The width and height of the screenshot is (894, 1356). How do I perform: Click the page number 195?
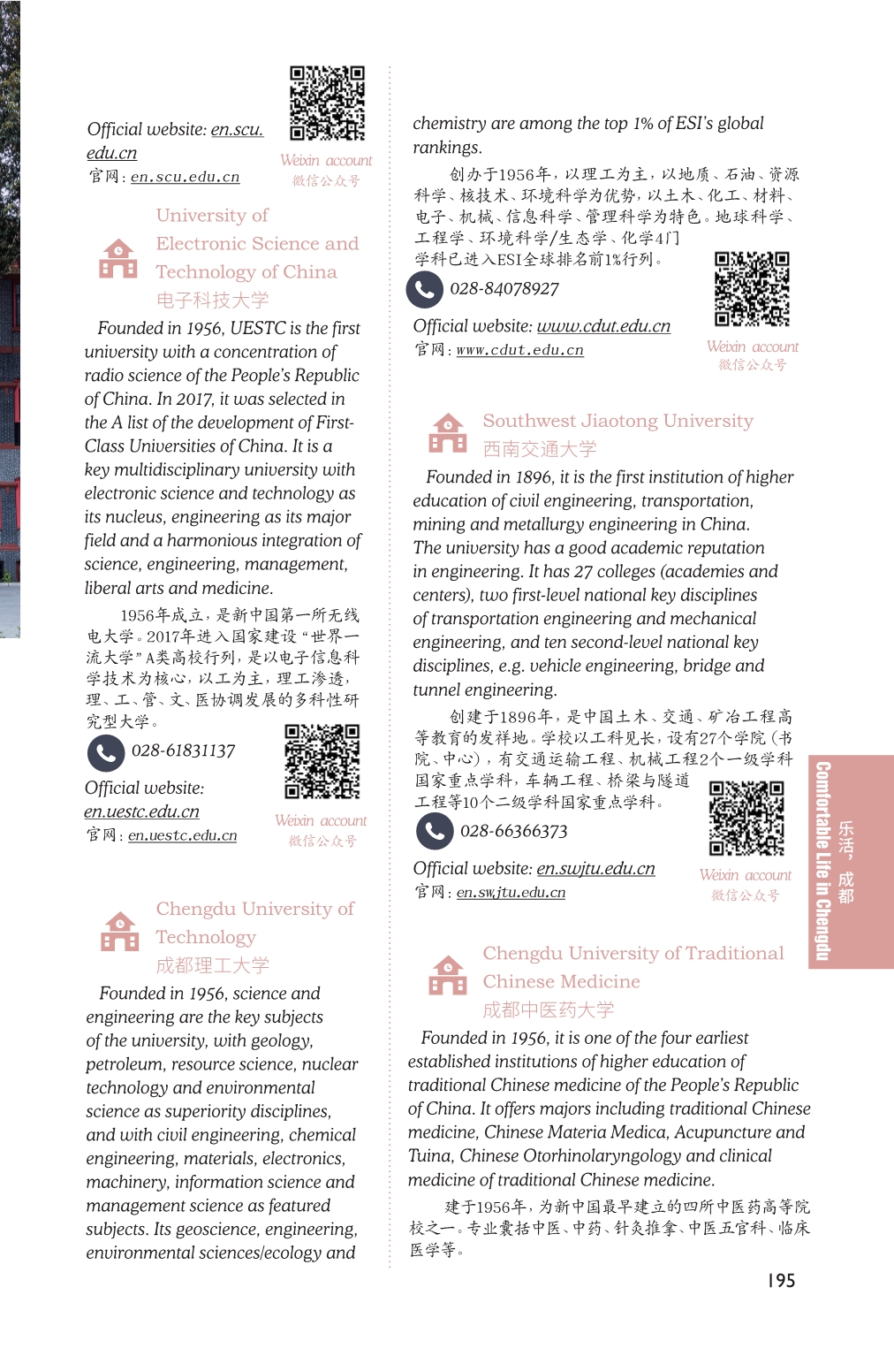(x=781, y=1281)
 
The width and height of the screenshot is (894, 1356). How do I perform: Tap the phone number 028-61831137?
(x=183, y=751)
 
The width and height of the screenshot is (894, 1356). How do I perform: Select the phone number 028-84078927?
(x=504, y=289)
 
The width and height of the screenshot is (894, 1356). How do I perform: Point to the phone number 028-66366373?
(x=513, y=832)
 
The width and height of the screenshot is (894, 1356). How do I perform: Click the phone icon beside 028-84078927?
(x=424, y=289)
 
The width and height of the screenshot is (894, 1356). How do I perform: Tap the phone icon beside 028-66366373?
(x=435, y=831)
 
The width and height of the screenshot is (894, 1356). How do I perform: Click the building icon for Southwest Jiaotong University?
(x=448, y=433)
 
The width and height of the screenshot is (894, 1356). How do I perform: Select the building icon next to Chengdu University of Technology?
(x=120, y=932)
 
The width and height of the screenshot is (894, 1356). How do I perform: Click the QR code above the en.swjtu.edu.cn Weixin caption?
(x=746, y=819)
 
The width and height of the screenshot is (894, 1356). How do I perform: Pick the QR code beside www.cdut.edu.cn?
(x=752, y=290)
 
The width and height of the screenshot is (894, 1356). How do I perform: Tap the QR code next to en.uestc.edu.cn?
(x=322, y=762)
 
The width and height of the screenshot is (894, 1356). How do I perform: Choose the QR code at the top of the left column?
(x=327, y=103)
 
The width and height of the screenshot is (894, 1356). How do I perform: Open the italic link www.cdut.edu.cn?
(x=603, y=326)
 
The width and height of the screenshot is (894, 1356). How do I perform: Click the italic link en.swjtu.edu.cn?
(x=595, y=869)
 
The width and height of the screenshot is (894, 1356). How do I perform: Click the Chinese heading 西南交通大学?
(x=539, y=449)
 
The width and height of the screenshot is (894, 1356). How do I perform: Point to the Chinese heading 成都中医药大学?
(x=548, y=1009)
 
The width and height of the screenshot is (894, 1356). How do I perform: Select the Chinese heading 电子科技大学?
(x=212, y=300)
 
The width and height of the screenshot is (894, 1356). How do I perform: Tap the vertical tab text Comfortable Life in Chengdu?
(x=822, y=861)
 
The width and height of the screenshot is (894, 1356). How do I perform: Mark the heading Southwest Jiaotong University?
(x=617, y=421)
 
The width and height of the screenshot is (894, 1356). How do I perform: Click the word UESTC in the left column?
(x=257, y=329)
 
